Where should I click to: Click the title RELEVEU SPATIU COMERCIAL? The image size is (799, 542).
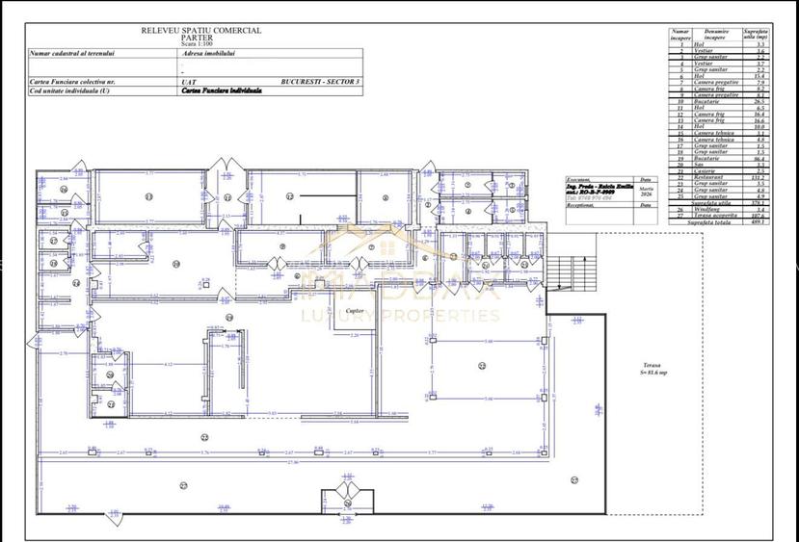click(x=200, y=30)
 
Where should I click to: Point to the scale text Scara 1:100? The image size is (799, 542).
click(x=200, y=44)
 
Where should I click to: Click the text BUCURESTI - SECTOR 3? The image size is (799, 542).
click(x=321, y=83)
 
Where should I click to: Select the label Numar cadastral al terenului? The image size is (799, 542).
click(x=72, y=54)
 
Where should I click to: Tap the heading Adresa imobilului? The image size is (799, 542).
click(x=208, y=54)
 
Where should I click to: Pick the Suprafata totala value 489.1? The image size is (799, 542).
click(x=759, y=221)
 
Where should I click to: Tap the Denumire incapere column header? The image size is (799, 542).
click(x=715, y=34)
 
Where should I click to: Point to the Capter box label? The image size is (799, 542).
click(x=355, y=312)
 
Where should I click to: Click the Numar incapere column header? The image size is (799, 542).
click(x=680, y=36)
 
